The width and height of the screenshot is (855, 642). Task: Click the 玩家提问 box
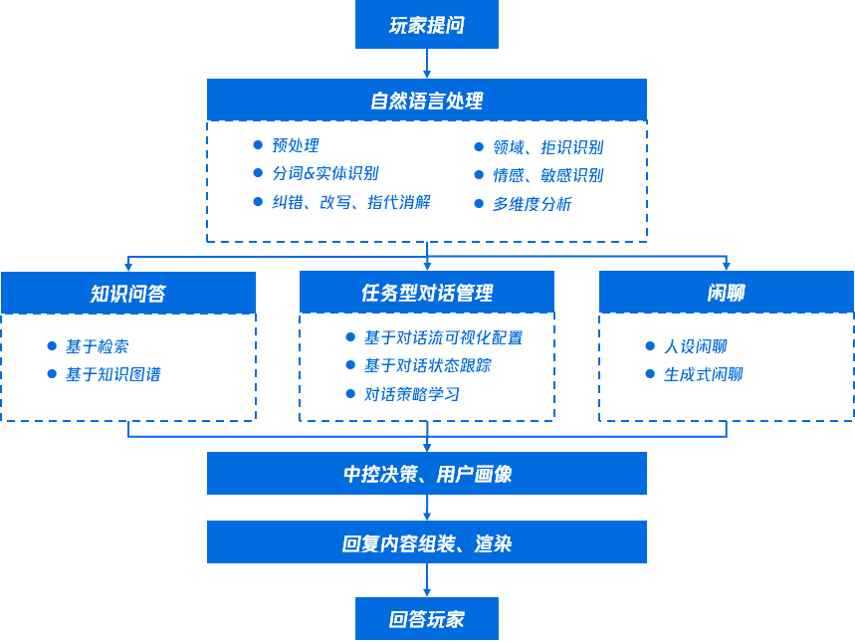[x=426, y=25]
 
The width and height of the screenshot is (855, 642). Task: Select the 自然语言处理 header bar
[x=426, y=100]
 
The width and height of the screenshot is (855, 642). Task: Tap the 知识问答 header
[x=127, y=293]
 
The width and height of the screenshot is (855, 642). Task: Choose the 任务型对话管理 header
[x=426, y=293]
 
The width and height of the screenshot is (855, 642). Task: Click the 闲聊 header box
[x=726, y=293]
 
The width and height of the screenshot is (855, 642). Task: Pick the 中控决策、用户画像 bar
[x=426, y=474]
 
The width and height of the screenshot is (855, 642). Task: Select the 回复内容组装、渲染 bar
[x=426, y=542]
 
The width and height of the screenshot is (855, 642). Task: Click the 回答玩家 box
[x=426, y=619]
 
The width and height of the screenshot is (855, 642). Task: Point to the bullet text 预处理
[x=296, y=146]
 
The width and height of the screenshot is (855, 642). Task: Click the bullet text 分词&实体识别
[x=324, y=174]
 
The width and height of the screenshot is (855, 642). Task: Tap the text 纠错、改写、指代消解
[x=350, y=202]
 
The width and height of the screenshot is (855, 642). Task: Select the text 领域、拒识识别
[x=547, y=147]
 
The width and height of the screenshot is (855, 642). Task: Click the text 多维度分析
[x=532, y=204]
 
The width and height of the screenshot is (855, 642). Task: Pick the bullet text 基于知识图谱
[x=112, y=374]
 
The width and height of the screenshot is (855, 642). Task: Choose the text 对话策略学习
[x=411, y=394]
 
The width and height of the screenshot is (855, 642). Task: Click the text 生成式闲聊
[x=703, y=374]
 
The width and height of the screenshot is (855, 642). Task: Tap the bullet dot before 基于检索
[x=52, y=346]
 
